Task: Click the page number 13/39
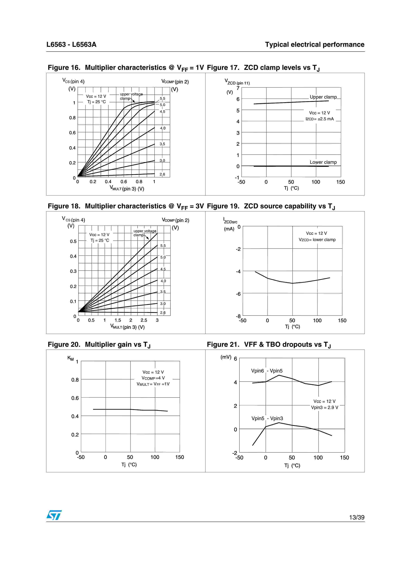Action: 357,517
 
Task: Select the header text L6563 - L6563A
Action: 71,45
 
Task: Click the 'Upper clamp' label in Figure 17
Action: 323,97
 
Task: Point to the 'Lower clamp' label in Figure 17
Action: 323,162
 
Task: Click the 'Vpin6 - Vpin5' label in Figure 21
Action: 267,371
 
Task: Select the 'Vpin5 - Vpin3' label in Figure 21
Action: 267,419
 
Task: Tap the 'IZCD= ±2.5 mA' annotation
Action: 320,119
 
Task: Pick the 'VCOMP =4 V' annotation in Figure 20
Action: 153,378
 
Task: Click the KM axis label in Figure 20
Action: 70,358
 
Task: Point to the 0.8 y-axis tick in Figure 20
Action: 75,380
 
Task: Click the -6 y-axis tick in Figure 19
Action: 238,294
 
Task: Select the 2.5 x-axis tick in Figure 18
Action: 144,320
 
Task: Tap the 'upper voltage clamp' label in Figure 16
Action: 131,96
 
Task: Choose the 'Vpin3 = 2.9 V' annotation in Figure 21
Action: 324,408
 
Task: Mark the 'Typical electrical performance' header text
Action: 315,45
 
